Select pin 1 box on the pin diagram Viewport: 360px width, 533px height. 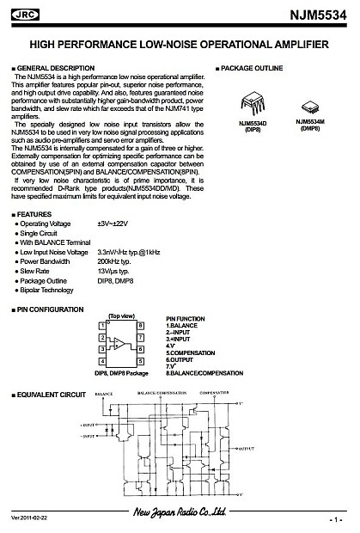(x=103, y=324)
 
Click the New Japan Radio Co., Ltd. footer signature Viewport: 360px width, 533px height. (x=180, y=513)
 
